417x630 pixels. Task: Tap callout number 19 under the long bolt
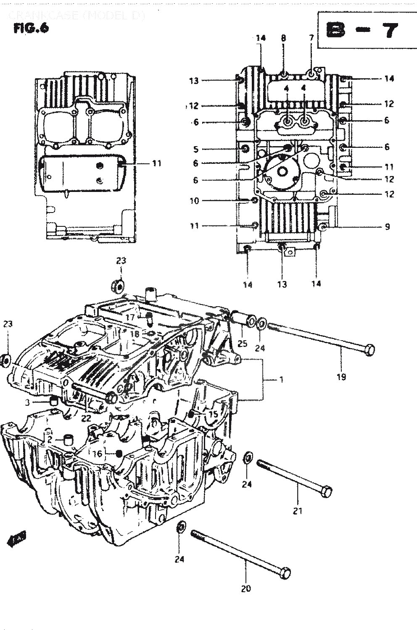[341, 377]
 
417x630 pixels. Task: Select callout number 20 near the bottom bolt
[246, 588]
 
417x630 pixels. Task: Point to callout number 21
[298, 511]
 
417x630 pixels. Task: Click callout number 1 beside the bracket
[281, 380]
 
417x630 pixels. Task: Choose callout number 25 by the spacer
[242, 344]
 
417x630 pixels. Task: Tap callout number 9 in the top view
[387, 227]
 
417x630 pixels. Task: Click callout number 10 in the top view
[194, 201]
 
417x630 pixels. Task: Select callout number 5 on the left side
[195, 149]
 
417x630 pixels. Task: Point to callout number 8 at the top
[283, 38]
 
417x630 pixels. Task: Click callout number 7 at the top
[311, 38]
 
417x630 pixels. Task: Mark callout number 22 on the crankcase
[86, 417]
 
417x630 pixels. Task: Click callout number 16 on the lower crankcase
[98, 454]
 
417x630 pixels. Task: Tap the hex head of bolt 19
[369, 349]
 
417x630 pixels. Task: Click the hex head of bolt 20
[285, 572]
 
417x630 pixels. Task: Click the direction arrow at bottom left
[17, 539]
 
